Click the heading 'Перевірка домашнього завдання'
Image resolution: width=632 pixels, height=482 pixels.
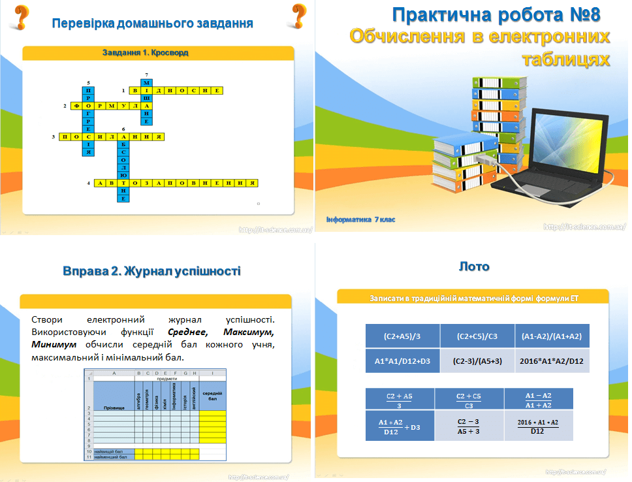[x=152, y=24]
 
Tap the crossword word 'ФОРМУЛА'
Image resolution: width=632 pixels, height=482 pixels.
[x=112, y=104]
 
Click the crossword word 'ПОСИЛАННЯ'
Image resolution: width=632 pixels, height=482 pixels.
[x=112, y=137]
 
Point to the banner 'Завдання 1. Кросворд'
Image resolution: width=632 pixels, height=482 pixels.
[x=146, y=52]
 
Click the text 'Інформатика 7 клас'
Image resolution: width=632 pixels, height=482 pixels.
[x=360, y=219]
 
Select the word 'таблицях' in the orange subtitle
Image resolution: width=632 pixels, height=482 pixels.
[x=566, y=60]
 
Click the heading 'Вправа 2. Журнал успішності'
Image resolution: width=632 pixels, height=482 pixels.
[x=152, y=270]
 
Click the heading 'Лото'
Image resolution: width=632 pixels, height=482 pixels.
[x=474, y=266]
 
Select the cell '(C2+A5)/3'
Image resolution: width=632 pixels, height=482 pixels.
[x=403, y=336]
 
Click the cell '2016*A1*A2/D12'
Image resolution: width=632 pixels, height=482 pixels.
[x=552, y=361]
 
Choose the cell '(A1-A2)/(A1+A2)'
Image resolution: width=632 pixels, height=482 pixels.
[x=552, y=336]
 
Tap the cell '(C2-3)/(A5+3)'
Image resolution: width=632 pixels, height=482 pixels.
[x=477, y=361]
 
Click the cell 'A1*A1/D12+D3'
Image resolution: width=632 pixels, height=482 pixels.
[x=403, y=361]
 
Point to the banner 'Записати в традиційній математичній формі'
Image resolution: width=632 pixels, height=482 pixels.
[x=474, y=298]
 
